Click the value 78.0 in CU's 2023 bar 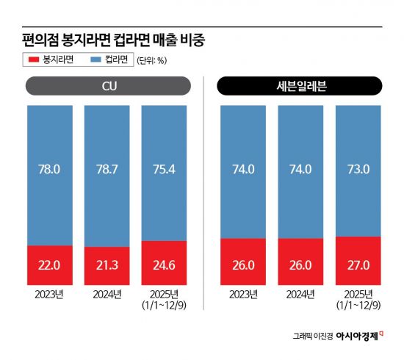click(48, 169)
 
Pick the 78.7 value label click(106, 169)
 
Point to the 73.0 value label click(358, 169)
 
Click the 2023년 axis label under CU click(48, 295)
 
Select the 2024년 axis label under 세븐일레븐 click(300, 295)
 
